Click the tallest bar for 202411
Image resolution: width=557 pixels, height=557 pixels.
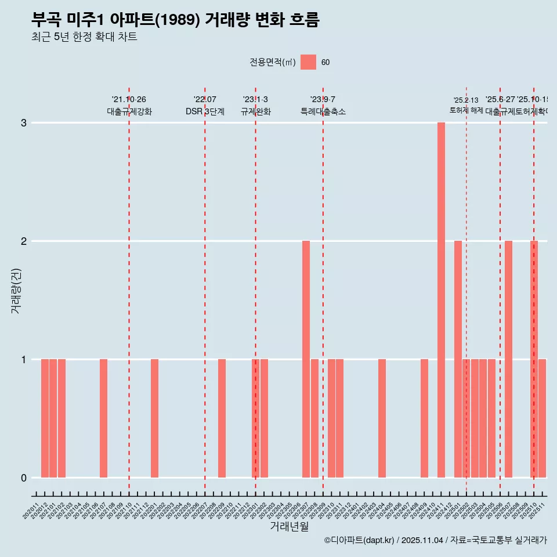441,300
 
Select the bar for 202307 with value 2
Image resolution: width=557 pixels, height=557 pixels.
306,359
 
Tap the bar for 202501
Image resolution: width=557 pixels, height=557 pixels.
458,359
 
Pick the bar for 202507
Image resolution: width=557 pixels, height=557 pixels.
508,359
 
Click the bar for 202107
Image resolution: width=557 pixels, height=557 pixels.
103,418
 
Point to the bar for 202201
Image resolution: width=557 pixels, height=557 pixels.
154,418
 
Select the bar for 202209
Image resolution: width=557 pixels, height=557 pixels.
222,418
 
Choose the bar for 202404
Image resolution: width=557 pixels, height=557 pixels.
382,418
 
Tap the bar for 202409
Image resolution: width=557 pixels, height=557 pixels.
424,418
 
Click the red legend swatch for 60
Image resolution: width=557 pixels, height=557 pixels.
308,62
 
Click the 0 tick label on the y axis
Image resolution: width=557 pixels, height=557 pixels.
24,478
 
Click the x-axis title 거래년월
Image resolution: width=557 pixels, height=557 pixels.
289,526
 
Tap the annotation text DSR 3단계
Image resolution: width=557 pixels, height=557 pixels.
205,111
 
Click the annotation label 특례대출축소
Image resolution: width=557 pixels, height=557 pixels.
323,111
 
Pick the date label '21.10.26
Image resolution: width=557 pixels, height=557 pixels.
129,100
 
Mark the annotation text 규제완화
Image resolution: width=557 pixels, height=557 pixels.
255,111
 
